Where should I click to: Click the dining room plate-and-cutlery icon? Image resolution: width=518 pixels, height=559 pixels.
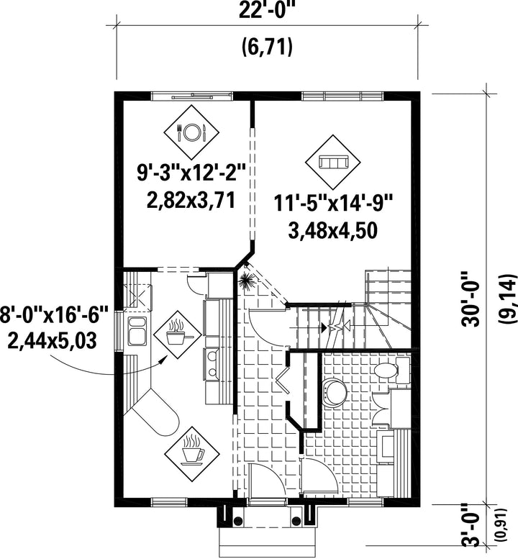[x=191, y=132]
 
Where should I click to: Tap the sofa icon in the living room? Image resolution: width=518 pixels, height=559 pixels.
[x=333, y=163]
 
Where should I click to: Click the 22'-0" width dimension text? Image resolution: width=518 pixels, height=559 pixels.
[x=267, y=12]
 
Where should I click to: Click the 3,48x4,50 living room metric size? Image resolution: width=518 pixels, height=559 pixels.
[x=332, y=231]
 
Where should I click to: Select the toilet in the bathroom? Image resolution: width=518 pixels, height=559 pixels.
[x=391, y=371]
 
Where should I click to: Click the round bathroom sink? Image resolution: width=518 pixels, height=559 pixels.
[x=334, y=392]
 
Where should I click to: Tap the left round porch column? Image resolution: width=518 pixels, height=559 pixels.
[x=237, y=521]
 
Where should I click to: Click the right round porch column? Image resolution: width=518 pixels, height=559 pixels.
[x=296, y=521]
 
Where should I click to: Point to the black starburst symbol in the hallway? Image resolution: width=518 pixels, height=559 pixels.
[x=245, y=281]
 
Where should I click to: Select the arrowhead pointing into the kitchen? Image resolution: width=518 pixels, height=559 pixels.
[x=163, y=360]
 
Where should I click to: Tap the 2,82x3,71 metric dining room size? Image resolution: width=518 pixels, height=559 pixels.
[x=191, y=201]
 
